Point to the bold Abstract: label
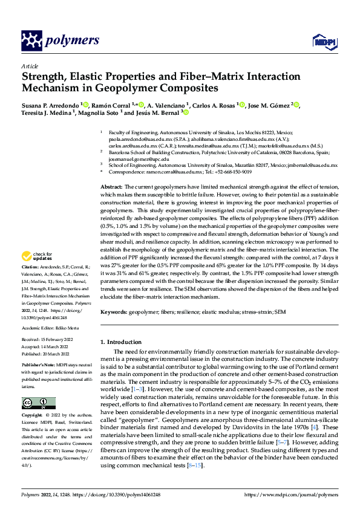111,171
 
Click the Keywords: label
115,313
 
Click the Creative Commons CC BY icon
38,403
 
